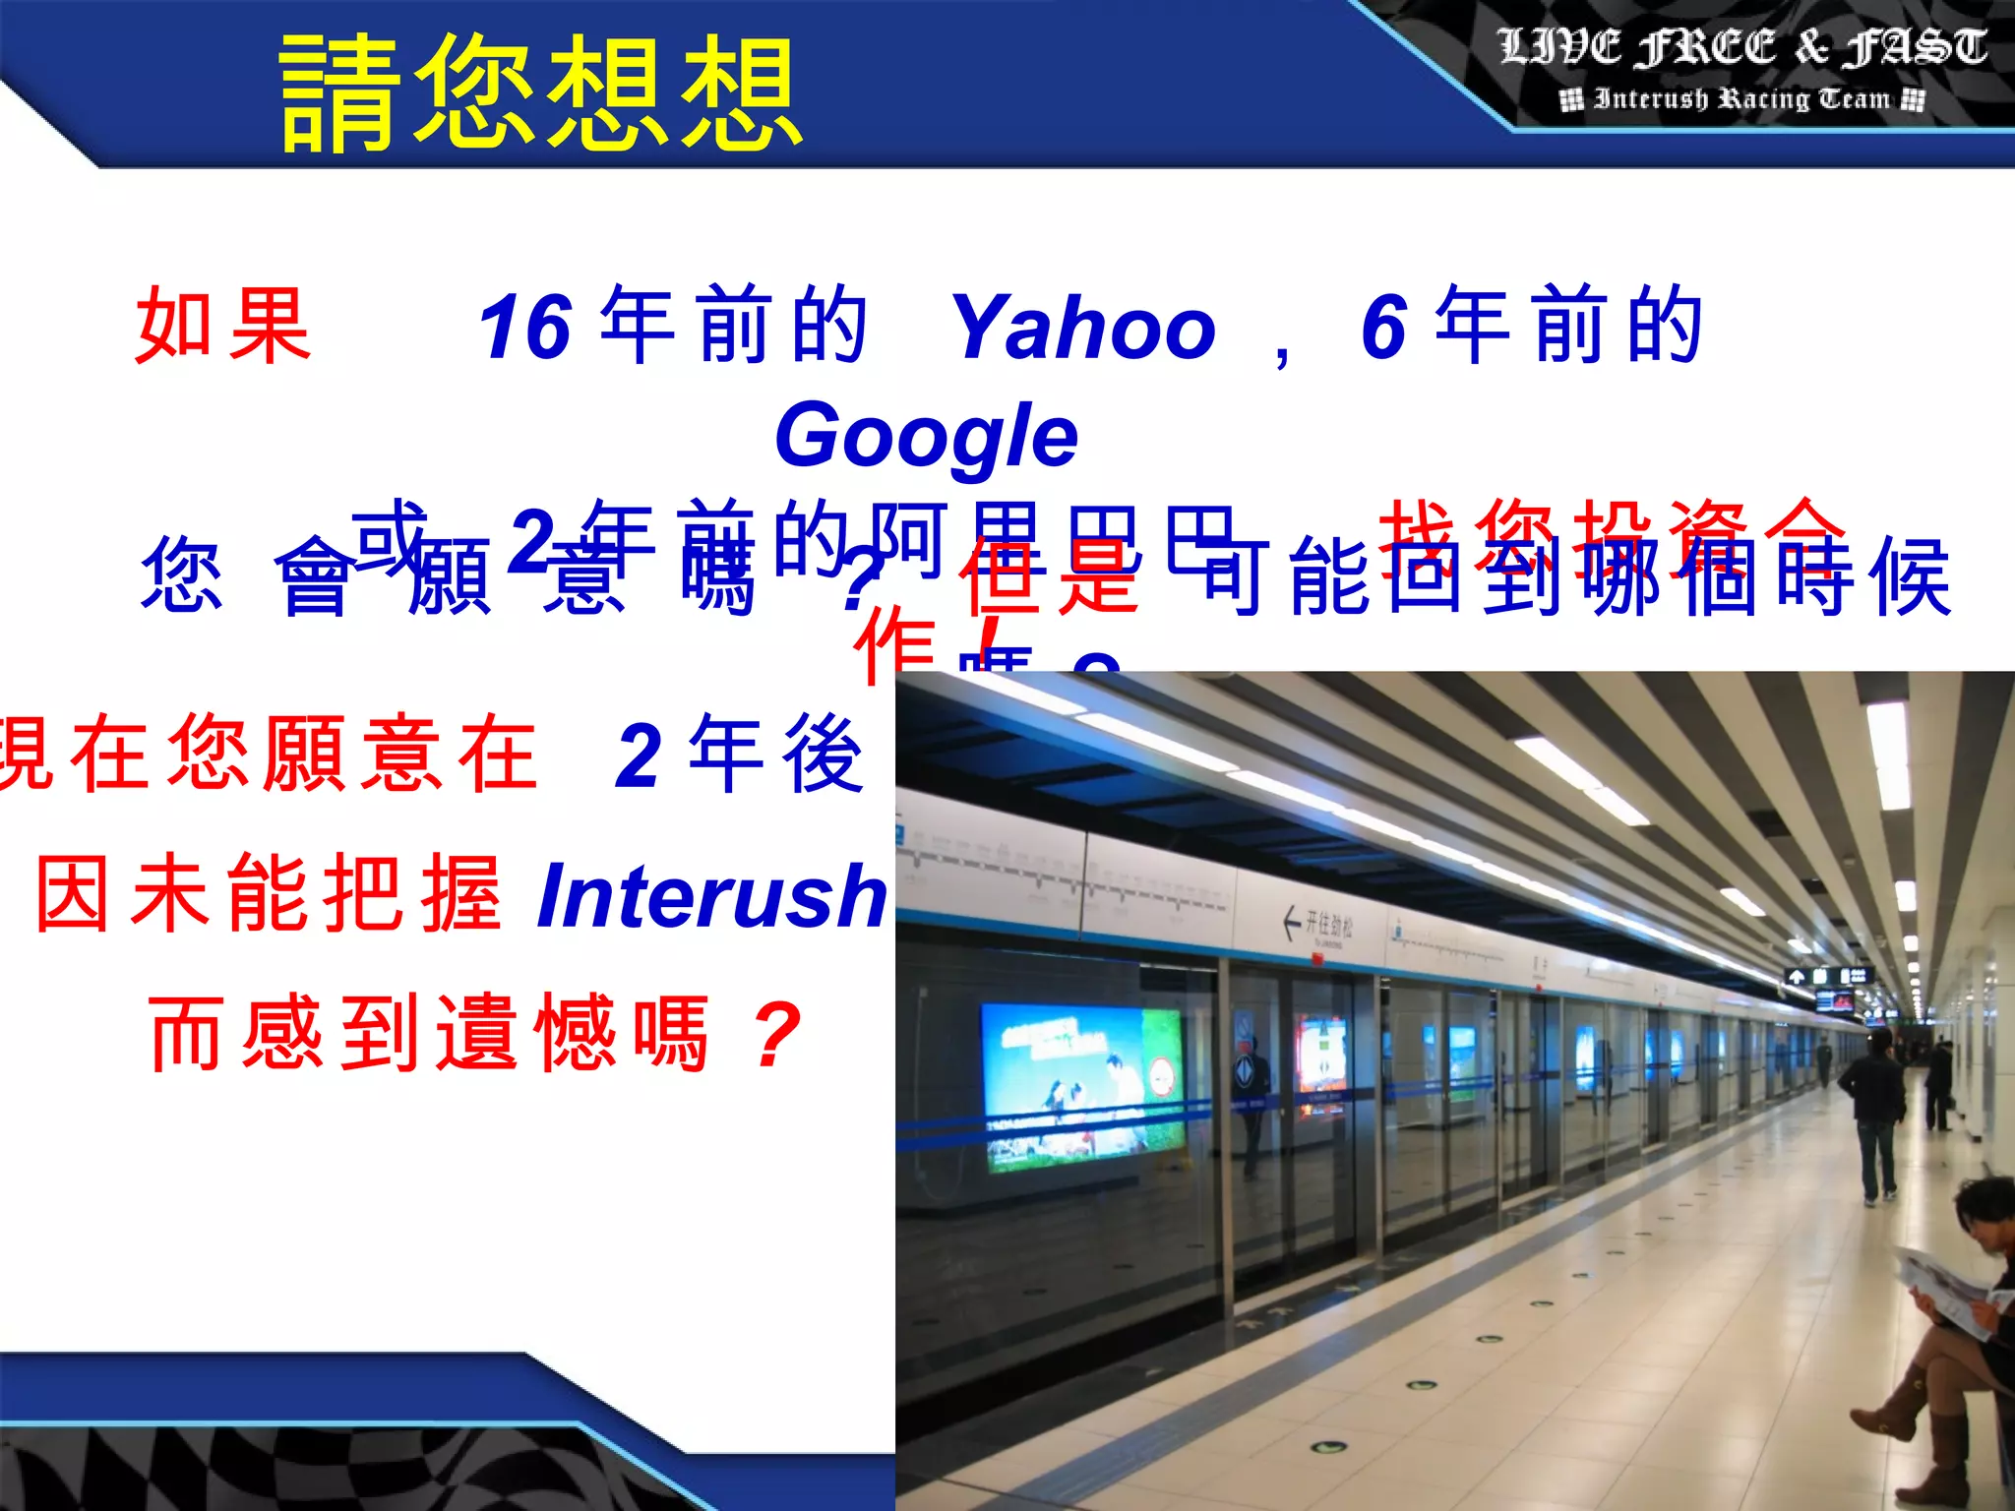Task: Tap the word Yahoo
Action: click(x=1083, y=328)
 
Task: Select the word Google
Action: click(x=926, y=436)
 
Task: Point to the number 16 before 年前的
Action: click(x=524, y=328)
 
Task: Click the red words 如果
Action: click(x=223, y=326)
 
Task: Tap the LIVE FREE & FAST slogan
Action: click(x=1741, y=47)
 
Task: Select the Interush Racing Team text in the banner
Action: click(x=1741, y=99)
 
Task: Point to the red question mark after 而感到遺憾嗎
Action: click(x=776, y=1034)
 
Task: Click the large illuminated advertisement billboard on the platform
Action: click(x=1082, y=1087)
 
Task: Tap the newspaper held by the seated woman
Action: click(x=1948, y=1289)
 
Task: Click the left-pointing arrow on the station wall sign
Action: click(x=1292, y=923)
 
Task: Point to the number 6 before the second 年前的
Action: click(x=1383, y=328)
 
